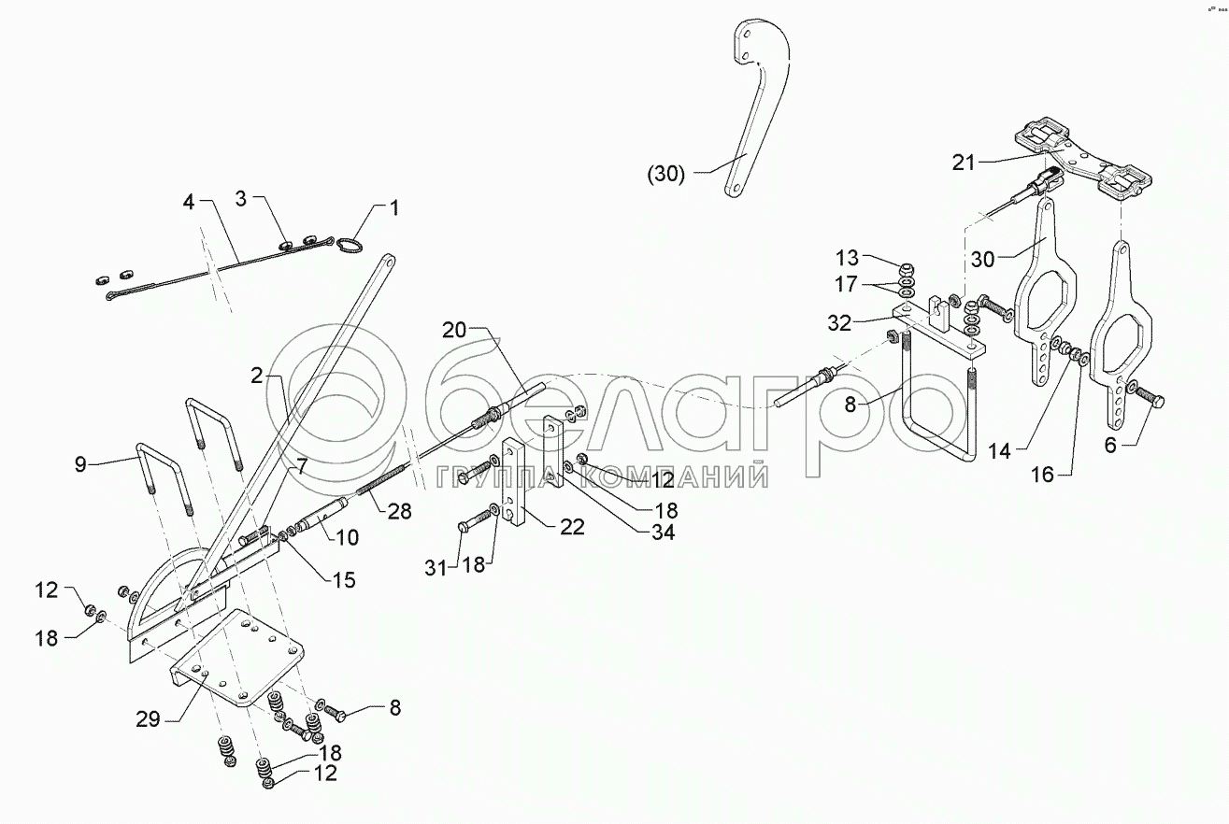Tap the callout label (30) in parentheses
click(x=666, y=173)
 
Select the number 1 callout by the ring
click(x=393, y=207)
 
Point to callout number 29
click(x=147, y=718)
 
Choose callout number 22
click(x=572, y=528)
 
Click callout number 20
click(x=453, y=330)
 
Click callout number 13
click(x=846, y=258)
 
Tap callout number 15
click(x=343, y=580)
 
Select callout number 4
click(x=189, y=201)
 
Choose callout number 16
click(x=1042, y=476)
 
